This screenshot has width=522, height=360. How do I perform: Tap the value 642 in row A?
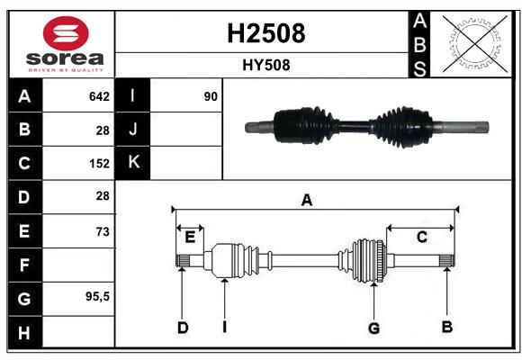(x=99, y=96)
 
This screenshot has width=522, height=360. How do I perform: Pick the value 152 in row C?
(x=99, y=164)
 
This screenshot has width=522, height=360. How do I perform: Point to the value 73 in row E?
(x=102, y=231)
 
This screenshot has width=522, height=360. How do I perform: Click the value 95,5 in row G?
(x=97, y=296)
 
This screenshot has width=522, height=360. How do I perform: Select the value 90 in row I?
(x=211, y=96)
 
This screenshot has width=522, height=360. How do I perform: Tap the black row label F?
(x=23, y=265)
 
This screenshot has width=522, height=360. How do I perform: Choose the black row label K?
(x=133, y=163)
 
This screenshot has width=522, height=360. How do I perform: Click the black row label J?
(x=133, y=130)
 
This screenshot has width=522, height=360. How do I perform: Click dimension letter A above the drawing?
(x=307, y=201)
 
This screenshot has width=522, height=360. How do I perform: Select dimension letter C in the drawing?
(x=421, y=238)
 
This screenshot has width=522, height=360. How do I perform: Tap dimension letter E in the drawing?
(x=190, y=238)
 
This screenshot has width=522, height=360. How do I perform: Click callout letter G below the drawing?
(x=373, y=328)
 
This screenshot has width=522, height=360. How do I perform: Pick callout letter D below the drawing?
(x=182, y=328)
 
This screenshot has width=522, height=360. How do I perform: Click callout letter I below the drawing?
(x=224, y=328)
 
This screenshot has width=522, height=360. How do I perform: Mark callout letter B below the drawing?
(x=446, y=327)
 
